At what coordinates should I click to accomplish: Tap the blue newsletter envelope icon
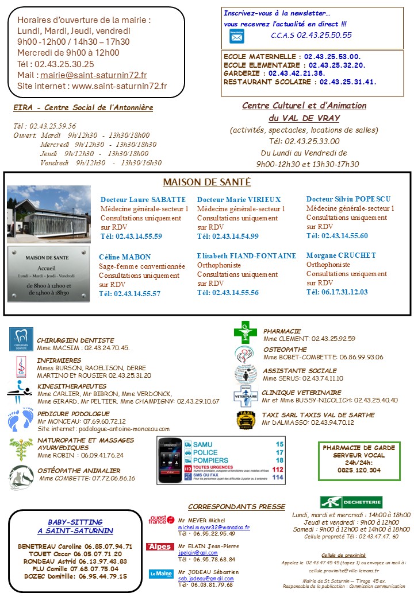(x=236, y=36)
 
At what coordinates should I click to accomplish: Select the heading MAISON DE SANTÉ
(x=206, y=182)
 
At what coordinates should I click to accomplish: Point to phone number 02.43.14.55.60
(x=337, y=236)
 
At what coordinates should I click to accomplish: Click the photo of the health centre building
(x=49, y=214)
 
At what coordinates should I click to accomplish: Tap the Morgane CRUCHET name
(x=341, y=255)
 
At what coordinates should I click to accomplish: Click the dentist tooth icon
(x=21, y=339)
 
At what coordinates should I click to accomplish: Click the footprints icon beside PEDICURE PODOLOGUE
(x=21, y=420)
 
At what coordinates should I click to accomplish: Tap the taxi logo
(x=246, y=420)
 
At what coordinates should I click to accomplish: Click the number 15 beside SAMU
(x=279, y=444)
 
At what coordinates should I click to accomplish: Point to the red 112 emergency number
(x=278, y=469)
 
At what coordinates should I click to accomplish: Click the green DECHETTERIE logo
(x=351, y=502)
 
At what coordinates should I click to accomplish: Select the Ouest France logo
(x=161, y=520)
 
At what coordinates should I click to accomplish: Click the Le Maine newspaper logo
(x=160, y=573)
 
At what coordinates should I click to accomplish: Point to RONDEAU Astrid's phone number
(x=106, y=561)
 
